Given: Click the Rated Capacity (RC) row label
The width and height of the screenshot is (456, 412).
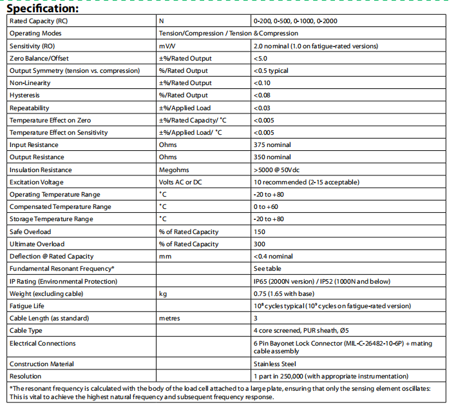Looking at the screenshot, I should tap(38, 21).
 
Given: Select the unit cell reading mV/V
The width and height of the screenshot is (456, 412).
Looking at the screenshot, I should tap(169, 46).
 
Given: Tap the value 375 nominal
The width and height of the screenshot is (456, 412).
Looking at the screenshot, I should tap(272, 145).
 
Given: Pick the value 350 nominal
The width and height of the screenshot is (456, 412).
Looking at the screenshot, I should tap(272, 157).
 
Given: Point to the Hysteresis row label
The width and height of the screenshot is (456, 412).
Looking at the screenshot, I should tap(25, 95).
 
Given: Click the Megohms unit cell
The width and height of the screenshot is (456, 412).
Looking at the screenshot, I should tap(175, 170).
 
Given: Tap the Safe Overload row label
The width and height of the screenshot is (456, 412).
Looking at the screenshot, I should tap(30, 231).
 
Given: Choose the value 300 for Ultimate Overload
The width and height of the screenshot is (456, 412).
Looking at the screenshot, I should tap(260, 244).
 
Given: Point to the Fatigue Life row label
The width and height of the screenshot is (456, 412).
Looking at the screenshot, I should tap(26, 306).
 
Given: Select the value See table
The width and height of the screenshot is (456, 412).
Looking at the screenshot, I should tap(267, 269).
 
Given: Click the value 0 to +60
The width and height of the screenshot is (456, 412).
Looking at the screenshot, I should tap(267, 207).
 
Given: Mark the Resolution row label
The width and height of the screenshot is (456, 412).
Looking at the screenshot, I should tap(25, 376).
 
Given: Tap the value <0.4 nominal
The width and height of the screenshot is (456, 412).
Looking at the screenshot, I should tap(273, 257).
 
